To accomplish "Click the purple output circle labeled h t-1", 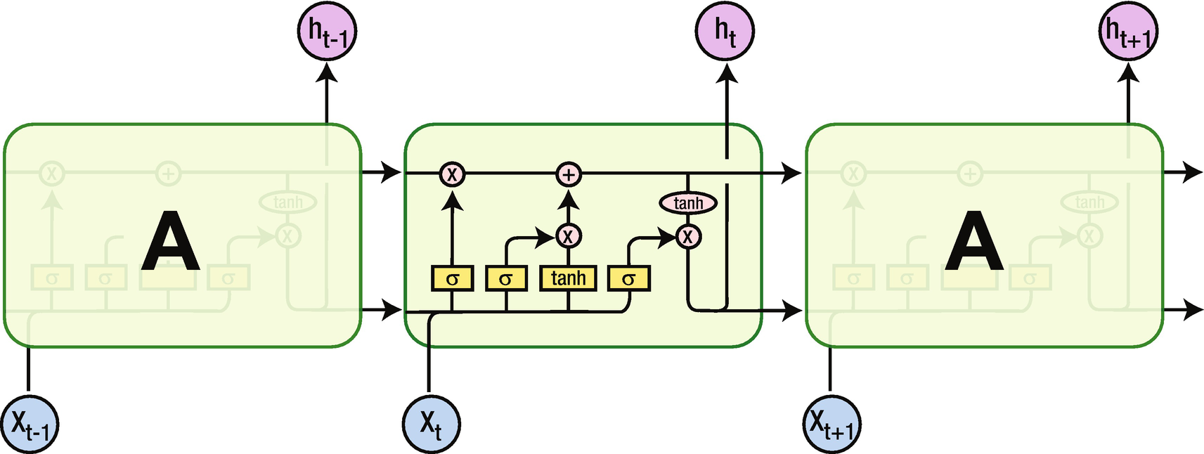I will [x=327, y=32].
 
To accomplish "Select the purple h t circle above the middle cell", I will [x=725, y=32].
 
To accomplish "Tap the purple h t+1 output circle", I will [x=1127, y=32].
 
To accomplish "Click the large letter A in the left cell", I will [x=170, y=242].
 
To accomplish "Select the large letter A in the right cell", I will [x=973, y=242].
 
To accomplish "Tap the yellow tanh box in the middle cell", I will [x=568, y=278].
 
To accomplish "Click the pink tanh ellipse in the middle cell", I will [x=688, y=203].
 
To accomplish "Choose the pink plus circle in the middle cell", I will [x=569, y=174].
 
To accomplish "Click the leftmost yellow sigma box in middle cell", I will [x=452, y=278].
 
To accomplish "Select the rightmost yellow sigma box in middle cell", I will [x=628, y=278].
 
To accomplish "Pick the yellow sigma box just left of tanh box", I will [x=506, y=278].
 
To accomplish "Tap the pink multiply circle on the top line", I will [x=452, y=174].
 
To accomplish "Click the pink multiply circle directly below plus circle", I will [x=569, y=235].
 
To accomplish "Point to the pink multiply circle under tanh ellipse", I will [x=688, y=236].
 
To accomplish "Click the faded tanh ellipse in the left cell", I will [x=287, y=202].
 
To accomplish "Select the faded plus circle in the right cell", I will [x=970, y=173].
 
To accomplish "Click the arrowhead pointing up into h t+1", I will [x=1128, y=70].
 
